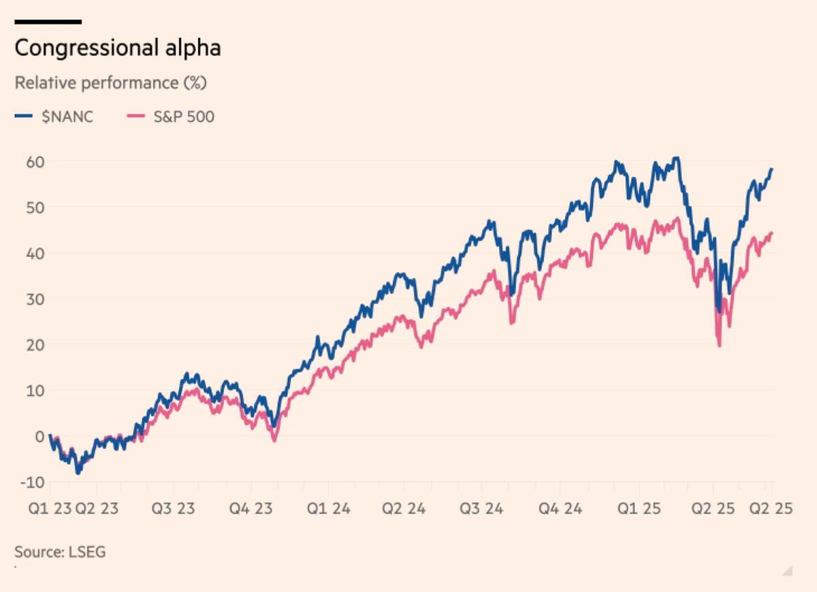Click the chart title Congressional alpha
coord(118,49)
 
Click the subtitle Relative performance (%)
coord(110,83)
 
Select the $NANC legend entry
coord(54,116)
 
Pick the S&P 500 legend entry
coord(170,116)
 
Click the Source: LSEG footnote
coord(60,551)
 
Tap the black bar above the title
coord(48,22)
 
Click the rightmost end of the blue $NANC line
coord(772,169)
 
